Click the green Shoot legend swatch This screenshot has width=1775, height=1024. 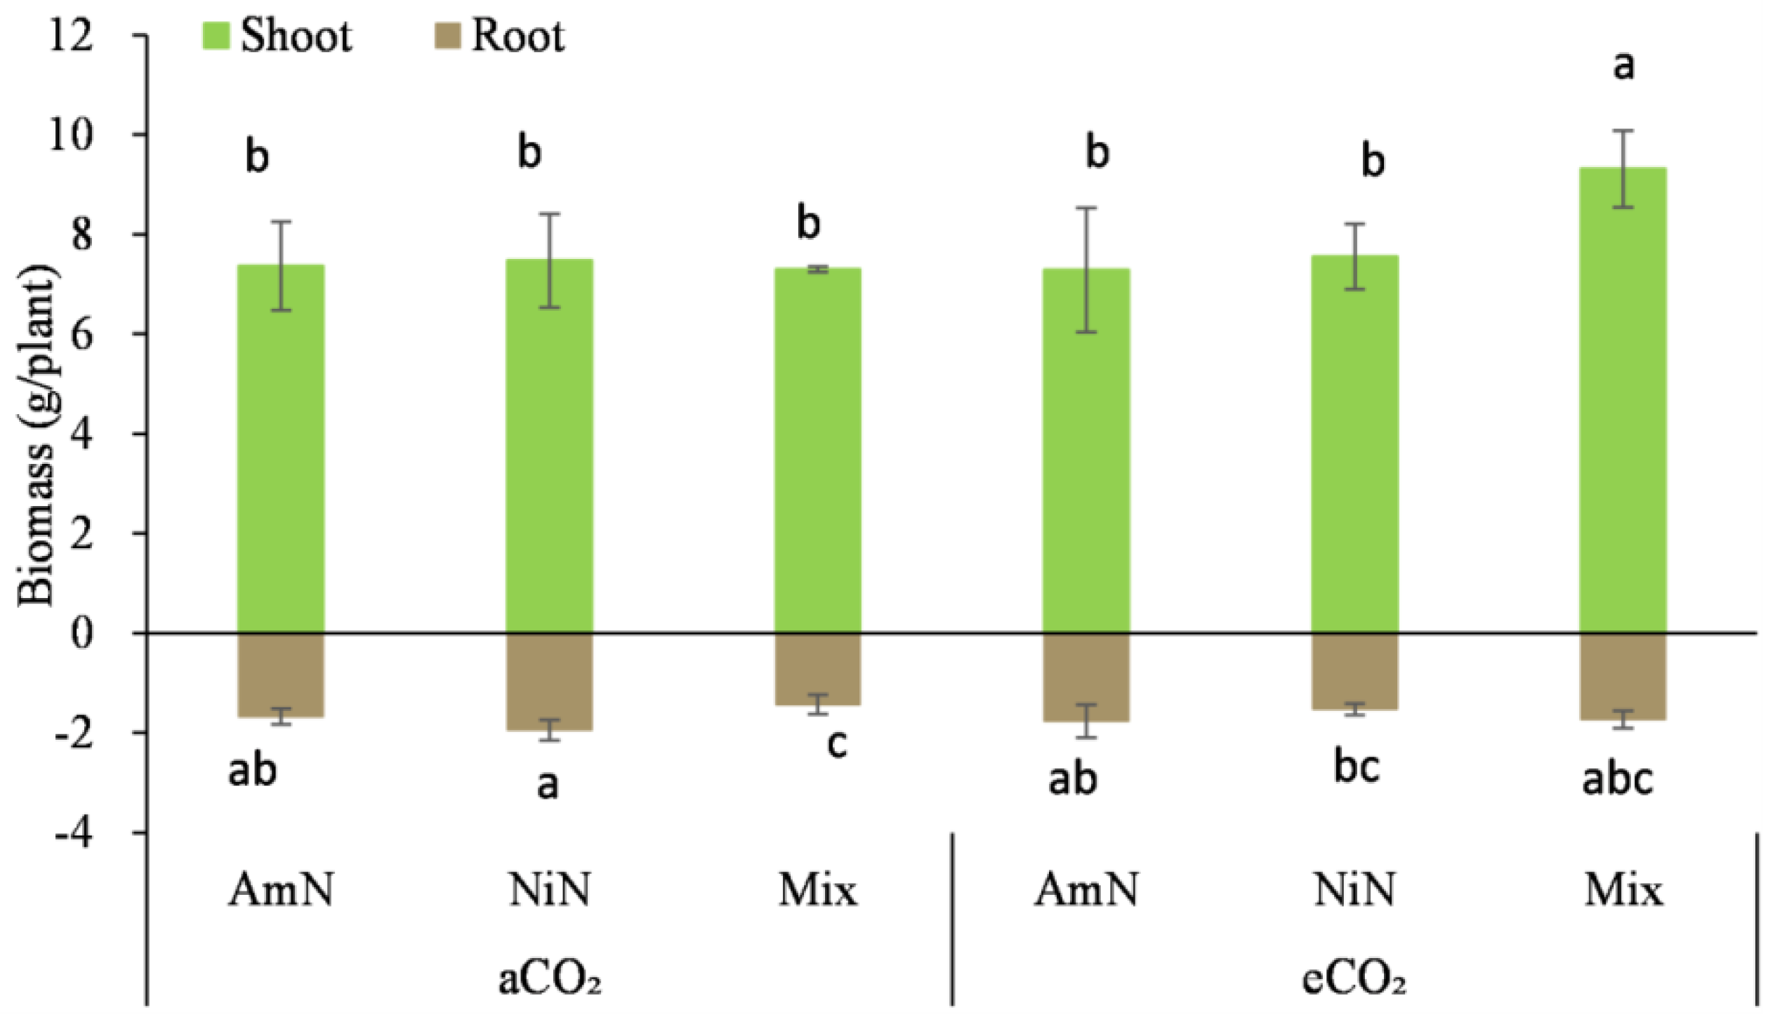(216, 36)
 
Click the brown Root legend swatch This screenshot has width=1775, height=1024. (447, 36)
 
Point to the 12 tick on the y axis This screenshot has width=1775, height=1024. (71, 34)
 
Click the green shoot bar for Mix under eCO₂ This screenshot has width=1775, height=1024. (1623, 401)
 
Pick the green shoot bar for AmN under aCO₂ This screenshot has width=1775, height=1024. (281, 450)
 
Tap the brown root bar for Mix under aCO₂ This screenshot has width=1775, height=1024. (818, 669)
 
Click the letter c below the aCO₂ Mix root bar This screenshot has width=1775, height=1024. (836, 744)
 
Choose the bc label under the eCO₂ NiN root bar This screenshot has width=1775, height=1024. (1357, 766)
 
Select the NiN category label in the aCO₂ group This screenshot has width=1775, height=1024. (550, 890)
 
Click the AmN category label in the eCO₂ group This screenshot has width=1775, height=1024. (1086, 890)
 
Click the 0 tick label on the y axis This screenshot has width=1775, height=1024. (81, 634)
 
